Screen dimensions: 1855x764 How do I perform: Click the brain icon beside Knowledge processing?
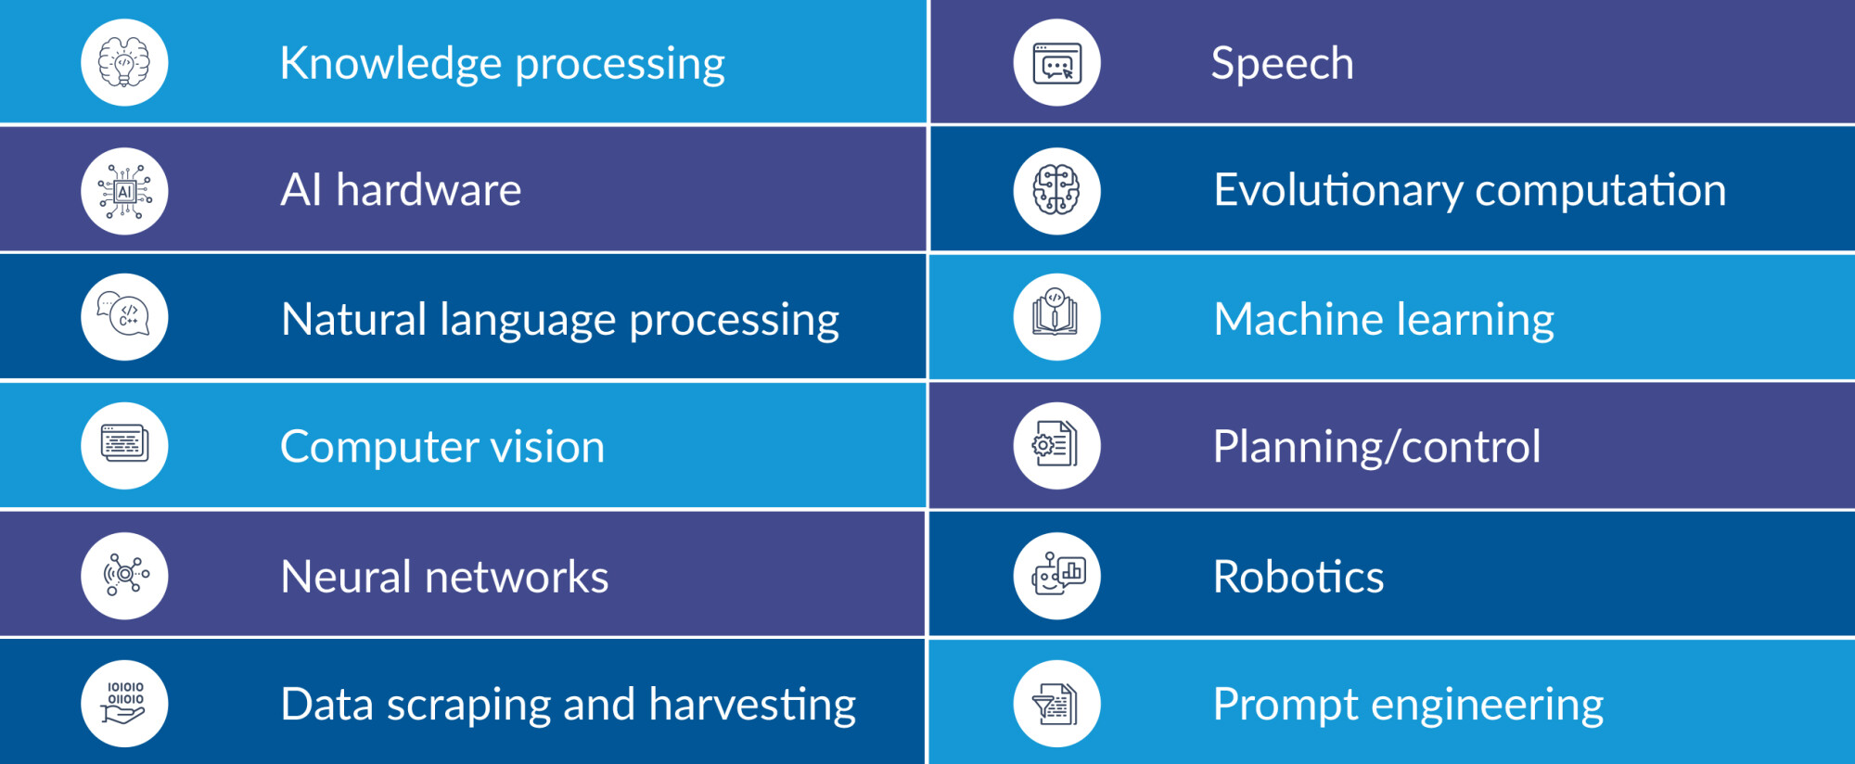pyautogui.click(x=124, y=62)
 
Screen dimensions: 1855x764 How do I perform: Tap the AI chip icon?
pyautogui.click(x=124, y=191)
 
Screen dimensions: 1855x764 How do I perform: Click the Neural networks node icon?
pyautogui.click(x=124, y=575)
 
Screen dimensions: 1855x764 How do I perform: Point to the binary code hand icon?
pyautogui.click(x=124, y=703)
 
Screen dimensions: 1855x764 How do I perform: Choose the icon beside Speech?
pyautogui.click(x=1056, y=62)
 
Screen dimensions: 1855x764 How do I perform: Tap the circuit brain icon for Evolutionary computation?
pyautogui.click(x=1056, y=191)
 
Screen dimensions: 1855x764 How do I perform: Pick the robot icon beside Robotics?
pyautogui.click(x=1056, y=575)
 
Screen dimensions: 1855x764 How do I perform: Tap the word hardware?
pyautogui.click(x=429, y=190)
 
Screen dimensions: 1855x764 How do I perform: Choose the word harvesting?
pyautogui.click(x=752, y=707)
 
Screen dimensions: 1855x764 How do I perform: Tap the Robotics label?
pyautogui.click(x=1298, y=577)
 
